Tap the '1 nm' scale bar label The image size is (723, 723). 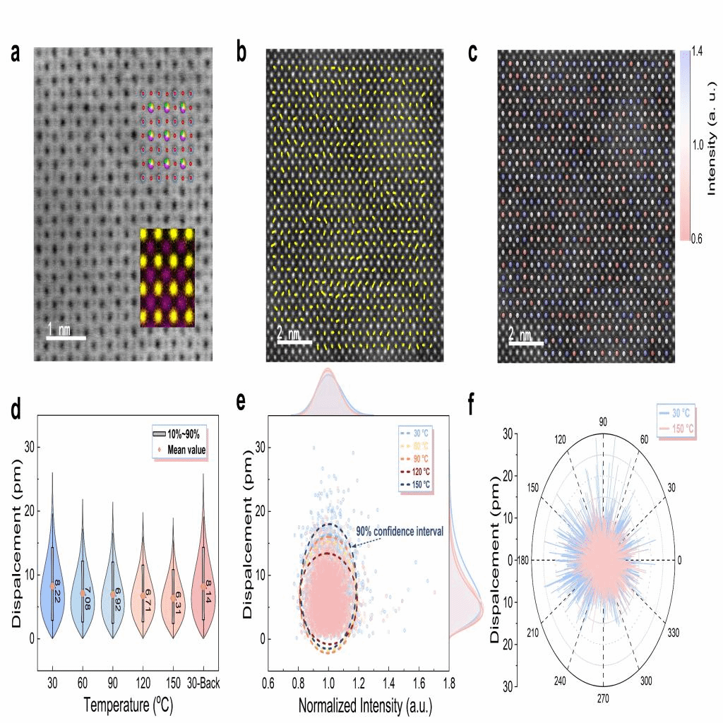[x=59, y=328]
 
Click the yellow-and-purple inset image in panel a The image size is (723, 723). [x=167, y=277]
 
